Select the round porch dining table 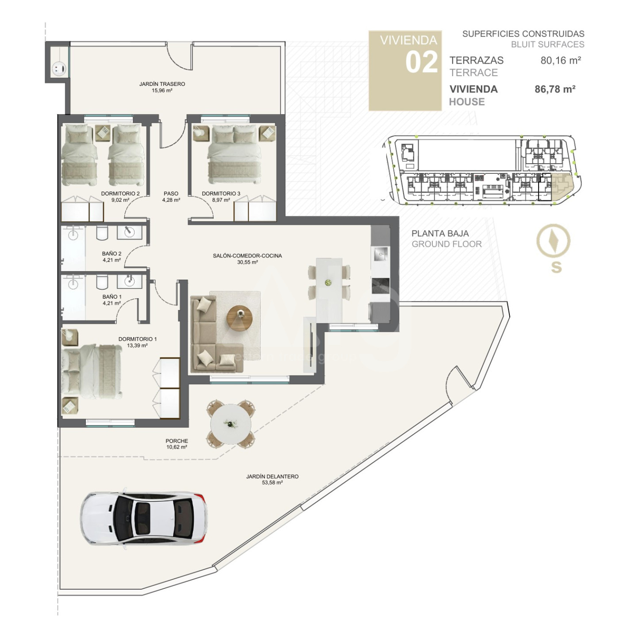click(x=231, y=423)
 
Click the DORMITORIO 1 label click(x=138, y=339)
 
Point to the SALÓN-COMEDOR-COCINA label click(x=247, y=256)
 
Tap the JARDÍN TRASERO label click(x=162, y=84)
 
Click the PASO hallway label click(x=171, y=194)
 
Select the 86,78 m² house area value click(x=555, y=89)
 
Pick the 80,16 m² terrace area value click(x=561, y=61)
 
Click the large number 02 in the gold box click(x=422, y=62)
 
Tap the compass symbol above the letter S click(x=553, y=241)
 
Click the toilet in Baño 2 click(x=102, y=233)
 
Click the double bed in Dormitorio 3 click(x=235, y=154)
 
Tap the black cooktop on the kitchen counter click(x=381, y=286)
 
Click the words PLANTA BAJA click(x=440, y=234)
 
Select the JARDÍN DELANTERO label click(x=272, y=476)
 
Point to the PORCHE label click(x=177, y=441)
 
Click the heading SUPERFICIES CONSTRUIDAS click(x=523, y=34)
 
